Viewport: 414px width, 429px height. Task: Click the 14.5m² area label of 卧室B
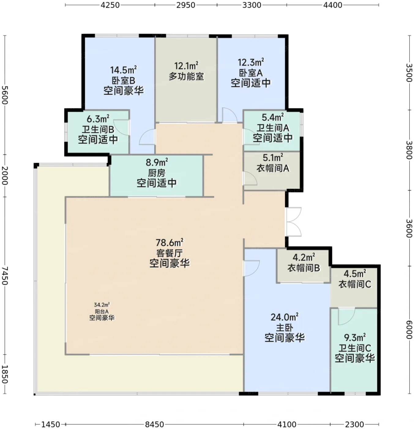(x=123, y=70)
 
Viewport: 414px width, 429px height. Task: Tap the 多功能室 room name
(x=186, y=76)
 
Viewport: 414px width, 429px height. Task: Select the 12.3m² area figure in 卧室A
(x=251, y=63)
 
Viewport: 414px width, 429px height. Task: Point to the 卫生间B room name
(x=98, y=129)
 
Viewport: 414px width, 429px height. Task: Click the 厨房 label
(x=156, y=173)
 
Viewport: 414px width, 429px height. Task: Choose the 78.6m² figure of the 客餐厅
(x=170, y=242)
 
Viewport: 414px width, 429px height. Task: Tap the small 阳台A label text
(x=102, y=311)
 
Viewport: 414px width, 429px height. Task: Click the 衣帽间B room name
(x=304, y=268)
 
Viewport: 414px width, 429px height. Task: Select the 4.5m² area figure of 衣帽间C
(x=355, y=274)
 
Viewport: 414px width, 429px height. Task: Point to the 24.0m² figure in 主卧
(x=285, y=317)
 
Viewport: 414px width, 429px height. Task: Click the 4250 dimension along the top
(x=110, y=5)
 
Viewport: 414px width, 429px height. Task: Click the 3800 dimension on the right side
(x=409, y=150)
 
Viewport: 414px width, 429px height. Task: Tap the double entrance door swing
(x=294, y=222)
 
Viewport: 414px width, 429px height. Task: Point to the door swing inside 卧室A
(x=229, y=115)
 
